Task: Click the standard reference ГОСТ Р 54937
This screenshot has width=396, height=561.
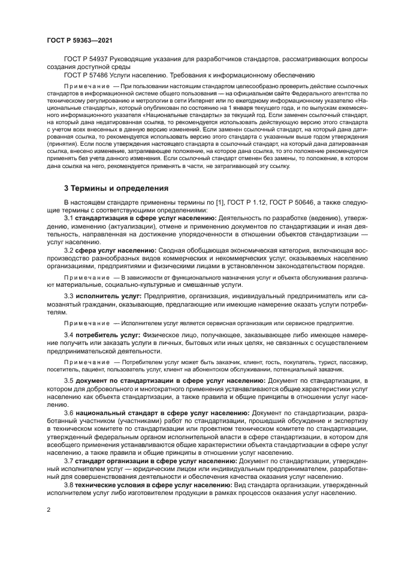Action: coord(89,58)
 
